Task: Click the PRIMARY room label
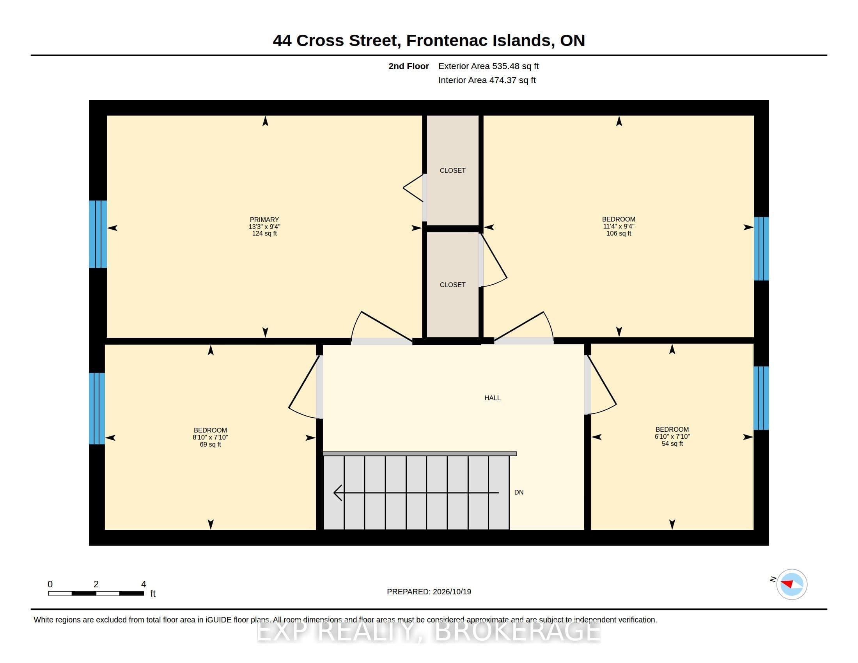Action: click(x=264, y=220)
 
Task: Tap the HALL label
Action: click(x=492, y=398)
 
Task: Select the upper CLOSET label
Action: click(x=452, y=170)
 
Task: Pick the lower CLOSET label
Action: click(x=452, y=285)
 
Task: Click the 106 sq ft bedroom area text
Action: click(x=619, y=233)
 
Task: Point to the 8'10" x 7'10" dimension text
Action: click(x=210, y=437)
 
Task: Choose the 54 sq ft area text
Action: click(x=672, y=443)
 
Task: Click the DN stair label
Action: click(x=519, y=492)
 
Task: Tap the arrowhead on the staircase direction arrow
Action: click(x=337, y=493)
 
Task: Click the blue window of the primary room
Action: click(x=98, y=234)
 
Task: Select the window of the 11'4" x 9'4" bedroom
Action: click(x=761, y=249)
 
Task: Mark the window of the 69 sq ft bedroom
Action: click(x=97, y=408)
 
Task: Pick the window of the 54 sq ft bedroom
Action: click(x=761, y=398)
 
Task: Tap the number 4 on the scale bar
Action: click(x=144, y=584)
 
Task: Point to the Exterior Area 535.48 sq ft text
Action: click(x=488, y=66)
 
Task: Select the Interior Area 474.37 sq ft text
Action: click(x=487, y=80)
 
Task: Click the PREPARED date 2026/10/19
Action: click(x=452, y=592)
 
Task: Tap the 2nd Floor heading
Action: click(x=409, y=66)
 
